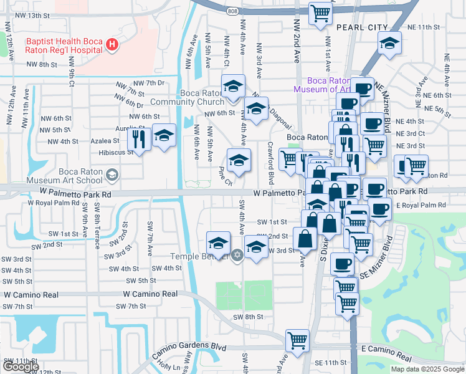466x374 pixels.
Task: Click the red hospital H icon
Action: click(x=112, y=44)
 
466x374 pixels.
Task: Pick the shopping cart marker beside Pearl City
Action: click(x=320, y=13)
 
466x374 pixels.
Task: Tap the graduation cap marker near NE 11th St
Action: click(x=389, y=43)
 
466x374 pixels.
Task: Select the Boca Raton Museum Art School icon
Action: click(x=112, y=175)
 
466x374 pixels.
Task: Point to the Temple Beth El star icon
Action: click(x=237, y=254)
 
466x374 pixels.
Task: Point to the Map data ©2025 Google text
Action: click(x=427, y=369)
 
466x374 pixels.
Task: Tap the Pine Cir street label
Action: click(x=225, y=176)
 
